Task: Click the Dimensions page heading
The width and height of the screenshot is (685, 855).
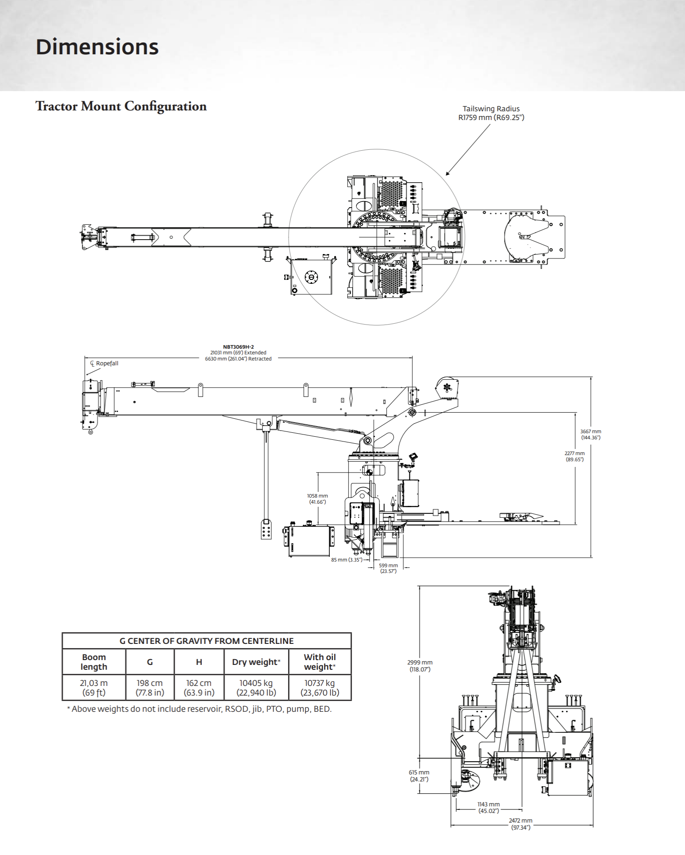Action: (x=97, y=47)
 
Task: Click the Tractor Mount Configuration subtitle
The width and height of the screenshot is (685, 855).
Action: (x=121, y=106)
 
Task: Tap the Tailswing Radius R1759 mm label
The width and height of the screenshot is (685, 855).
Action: (x=491, y=113)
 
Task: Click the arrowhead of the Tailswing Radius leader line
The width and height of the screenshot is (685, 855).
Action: (x=447, y=174)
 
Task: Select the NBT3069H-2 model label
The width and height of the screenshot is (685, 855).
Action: (x=238, y=347)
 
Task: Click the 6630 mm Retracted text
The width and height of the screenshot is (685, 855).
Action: (x=238, y=359)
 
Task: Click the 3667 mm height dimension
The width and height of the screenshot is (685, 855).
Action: (x=590, y=435)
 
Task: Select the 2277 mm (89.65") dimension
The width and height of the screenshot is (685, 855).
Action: (x=574, y=456)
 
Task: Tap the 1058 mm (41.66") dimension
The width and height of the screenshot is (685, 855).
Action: (x=317, y=499)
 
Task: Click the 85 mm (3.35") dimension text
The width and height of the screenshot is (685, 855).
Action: (x=346, y=560)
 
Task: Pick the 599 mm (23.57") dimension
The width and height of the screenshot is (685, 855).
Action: (x=388, y=568)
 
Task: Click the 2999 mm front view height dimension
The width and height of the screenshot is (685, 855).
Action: (x=420, y=666)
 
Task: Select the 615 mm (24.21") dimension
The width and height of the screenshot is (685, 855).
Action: (x=419, y=776)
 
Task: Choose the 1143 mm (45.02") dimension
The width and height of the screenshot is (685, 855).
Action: (x=488, y=808)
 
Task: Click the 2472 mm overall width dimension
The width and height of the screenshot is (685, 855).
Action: (x=520, y=824)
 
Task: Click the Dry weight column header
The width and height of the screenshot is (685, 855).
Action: (x=256, y=662)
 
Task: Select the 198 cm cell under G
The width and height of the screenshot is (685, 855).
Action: (x=150, y=688)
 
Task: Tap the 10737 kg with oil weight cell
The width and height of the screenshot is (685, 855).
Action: (x=320, y=688)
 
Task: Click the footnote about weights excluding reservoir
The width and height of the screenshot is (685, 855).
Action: (x=199, y=709)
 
